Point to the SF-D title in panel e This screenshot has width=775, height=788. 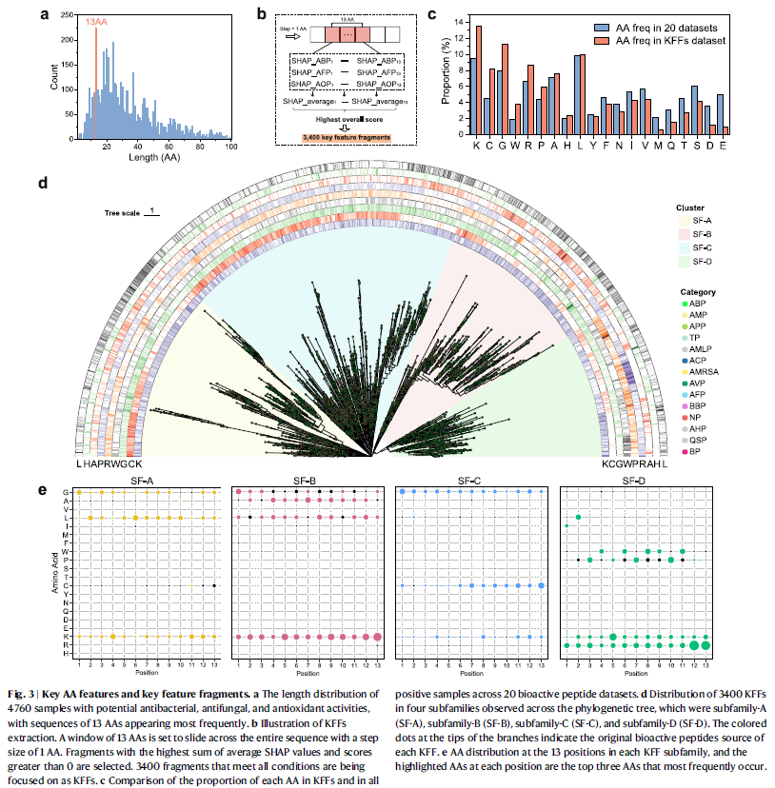click(640, 482)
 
